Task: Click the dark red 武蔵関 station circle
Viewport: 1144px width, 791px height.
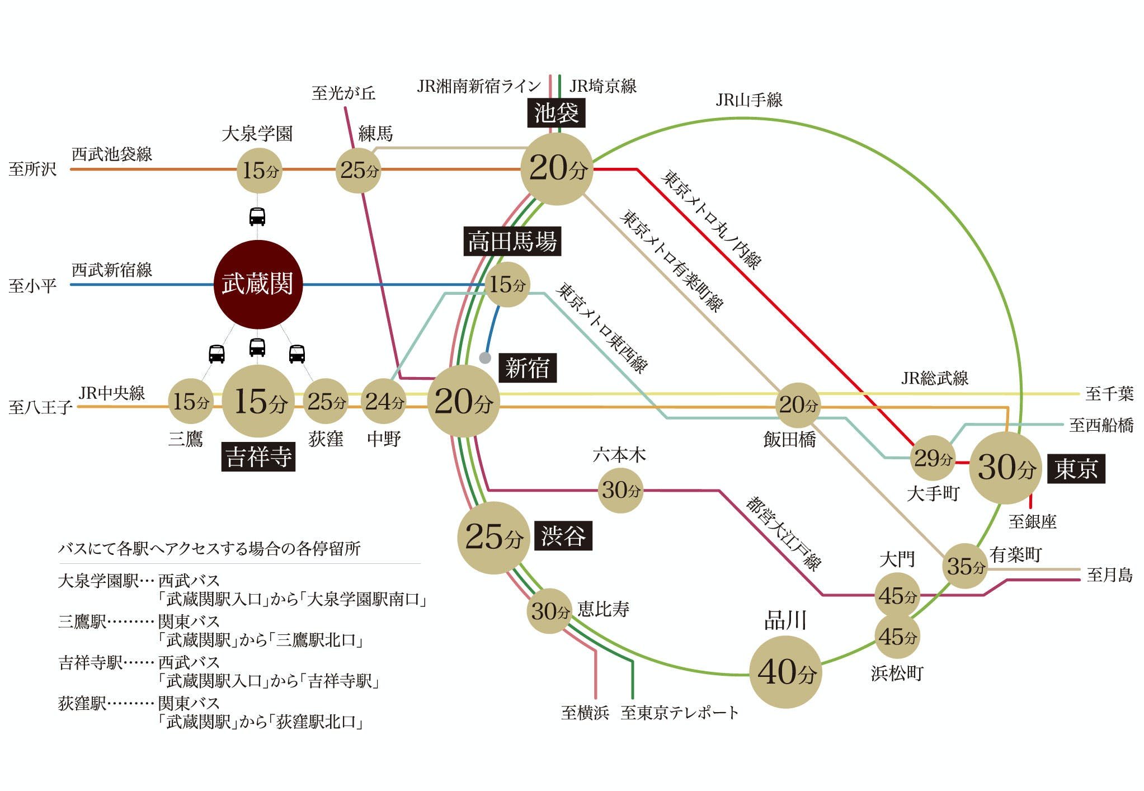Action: (x=258, y=284)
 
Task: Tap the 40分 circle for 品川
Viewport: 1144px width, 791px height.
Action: (x=785, y=672)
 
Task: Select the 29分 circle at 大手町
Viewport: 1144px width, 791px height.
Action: (x=933, y=458)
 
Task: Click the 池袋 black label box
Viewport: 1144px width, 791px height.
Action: (x=556, y=113)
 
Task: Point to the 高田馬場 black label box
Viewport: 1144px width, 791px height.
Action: (x=512, y=242)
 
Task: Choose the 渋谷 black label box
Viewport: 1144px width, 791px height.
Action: (x=563, y=536)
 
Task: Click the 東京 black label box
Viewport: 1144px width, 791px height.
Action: (x=1075, y=469)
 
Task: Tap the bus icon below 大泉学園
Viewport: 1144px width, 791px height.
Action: (x=257, y=216)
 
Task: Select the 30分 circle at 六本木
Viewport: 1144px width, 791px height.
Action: (x=620, y=490)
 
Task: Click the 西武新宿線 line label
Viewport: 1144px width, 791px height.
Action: (x=112, y=270)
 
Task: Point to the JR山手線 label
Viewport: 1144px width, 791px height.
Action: (x=748, y=100)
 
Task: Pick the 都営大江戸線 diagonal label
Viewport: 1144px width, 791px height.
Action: (x=783, y=533)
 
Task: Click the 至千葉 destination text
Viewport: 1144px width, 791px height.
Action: (x=1109, y=394)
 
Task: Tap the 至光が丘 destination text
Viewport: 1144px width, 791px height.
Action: (x=343, y=93)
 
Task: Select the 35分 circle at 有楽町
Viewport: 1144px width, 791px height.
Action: (x=965, y=566)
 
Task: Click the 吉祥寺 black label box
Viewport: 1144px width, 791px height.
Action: (x=258, y=456)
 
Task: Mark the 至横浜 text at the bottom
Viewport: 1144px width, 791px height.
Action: (x=585, y=713)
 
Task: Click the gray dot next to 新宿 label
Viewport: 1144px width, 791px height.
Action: (x=485, y=357)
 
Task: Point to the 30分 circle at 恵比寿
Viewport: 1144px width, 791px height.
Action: (x=549, y=611)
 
